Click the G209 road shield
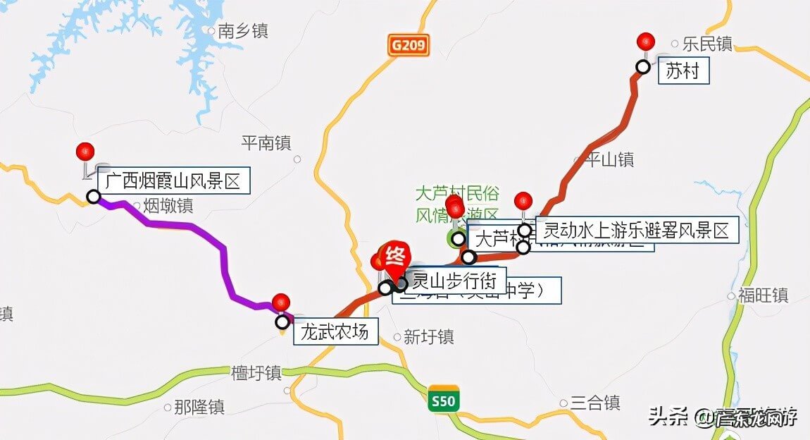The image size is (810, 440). (408, 46)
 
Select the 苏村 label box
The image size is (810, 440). (683, 71)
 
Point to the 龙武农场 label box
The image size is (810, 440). (335, 331)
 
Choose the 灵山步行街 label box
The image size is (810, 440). (454, 281)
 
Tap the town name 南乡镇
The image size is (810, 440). (242, 31)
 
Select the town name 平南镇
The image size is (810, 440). (266, 143)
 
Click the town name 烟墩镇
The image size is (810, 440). (168, 206)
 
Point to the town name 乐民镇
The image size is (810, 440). (707, 44)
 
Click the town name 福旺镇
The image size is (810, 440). (763, 295)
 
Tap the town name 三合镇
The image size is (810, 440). (595, 403)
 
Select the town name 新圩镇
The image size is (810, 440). (428, 337)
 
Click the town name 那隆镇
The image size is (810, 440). (199, 407)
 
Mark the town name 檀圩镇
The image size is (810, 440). (256, 372)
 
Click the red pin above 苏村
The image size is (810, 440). (645, 41)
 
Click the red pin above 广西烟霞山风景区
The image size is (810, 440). (85, 151)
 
